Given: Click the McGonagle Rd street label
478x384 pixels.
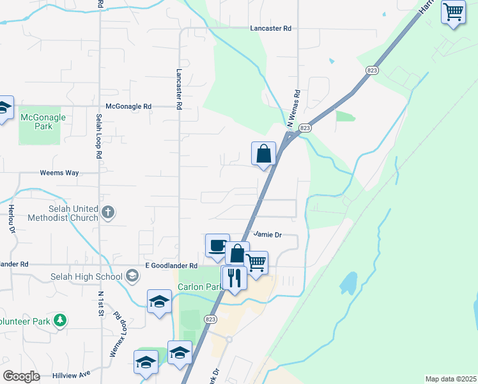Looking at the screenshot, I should (128, 106).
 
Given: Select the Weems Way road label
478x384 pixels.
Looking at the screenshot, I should (59, 173).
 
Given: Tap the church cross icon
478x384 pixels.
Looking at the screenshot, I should (109, 212).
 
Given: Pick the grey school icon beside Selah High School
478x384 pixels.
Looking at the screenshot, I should (132, 276).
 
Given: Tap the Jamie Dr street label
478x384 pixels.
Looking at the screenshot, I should (267, 235).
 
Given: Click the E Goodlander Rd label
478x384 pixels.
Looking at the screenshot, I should (171, 266).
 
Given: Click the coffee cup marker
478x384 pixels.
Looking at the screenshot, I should (217, 246).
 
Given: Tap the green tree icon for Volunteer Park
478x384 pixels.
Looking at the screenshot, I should (60, 320).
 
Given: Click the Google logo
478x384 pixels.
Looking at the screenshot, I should (21, 376).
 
